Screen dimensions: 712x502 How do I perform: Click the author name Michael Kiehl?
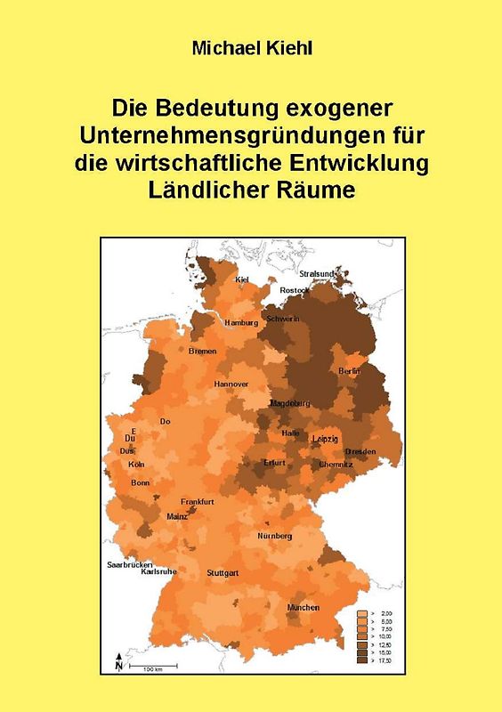(251, 47)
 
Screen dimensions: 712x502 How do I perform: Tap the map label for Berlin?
(350, 370)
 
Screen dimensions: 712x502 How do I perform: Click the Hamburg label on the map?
(241, 322)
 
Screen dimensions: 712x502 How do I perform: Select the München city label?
(303, 607)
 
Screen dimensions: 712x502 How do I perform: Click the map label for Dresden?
(360, 452)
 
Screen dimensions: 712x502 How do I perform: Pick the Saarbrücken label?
(130, 565)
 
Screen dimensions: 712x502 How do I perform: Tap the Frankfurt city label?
(197, 502)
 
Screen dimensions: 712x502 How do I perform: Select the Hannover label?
(231, 384)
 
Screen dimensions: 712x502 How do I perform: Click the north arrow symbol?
(118, 663)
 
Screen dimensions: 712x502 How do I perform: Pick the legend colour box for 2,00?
(362, 614)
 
